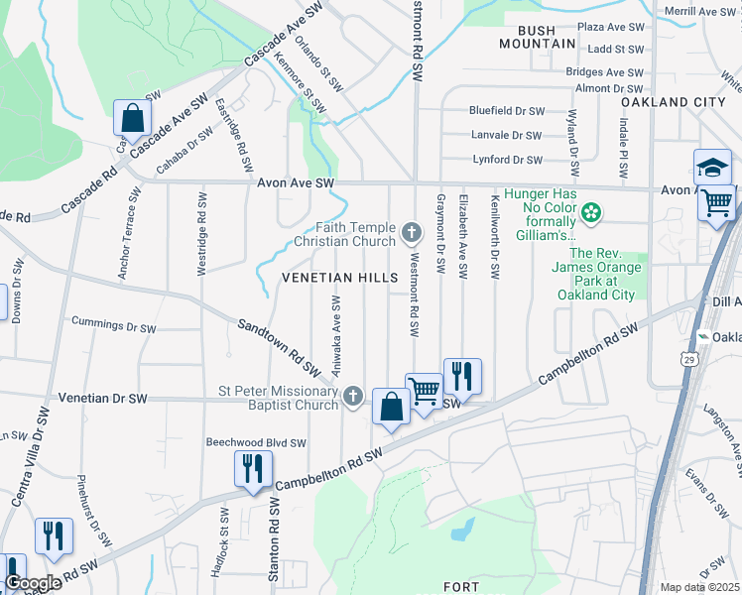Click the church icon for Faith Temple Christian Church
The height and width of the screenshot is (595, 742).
click(412, 234)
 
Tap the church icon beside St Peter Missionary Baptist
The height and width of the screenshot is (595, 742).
click(352, 398)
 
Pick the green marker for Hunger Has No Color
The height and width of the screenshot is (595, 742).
click(591, 211)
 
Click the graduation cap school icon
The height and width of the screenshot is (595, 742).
click(712, 167)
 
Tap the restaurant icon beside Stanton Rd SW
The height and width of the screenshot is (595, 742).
click(252, 467)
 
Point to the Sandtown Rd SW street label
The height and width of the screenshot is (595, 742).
click(278, 347)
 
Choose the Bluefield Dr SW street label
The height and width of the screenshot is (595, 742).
click(507, 111)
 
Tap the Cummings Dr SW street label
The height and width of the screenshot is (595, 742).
click(114, 323)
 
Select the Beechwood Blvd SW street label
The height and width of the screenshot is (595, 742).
click(256, 443)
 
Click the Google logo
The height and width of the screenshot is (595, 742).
click(32, 582)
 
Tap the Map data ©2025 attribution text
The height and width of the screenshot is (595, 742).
click(699, 587)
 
